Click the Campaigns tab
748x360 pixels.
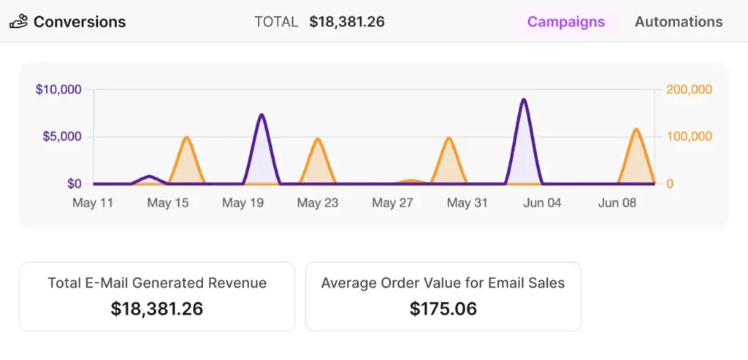(566, 22)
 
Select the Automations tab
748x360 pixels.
(679, 22)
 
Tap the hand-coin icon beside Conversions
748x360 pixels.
(18, 22)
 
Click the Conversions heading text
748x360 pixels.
(80, 22)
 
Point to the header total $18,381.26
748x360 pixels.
(347, 22)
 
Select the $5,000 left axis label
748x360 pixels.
(64, 137)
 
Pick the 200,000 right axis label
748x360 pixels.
(689, 90)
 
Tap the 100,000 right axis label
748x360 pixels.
(689, 137)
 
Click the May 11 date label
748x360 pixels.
(93, 203)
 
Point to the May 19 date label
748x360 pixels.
(243, 203)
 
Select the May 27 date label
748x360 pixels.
(393, 203)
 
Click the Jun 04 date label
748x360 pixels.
(543, 203)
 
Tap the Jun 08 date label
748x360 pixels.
(618, 203)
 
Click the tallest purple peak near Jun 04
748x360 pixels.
(524, 99)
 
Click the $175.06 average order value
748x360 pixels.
(443, 309)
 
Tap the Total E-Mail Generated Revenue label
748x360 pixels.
(157, 283)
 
